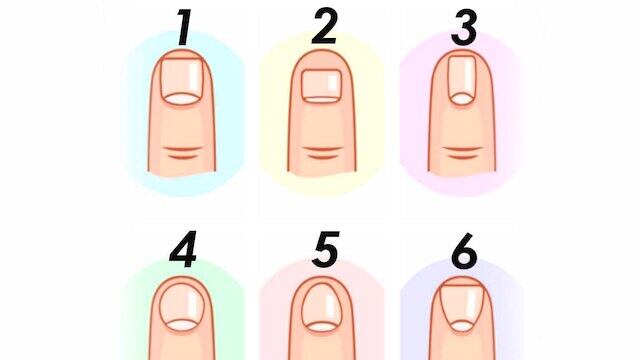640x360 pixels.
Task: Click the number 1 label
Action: (184, 28)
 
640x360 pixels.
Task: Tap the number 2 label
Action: (324, 26)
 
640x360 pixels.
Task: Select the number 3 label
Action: (464, 27)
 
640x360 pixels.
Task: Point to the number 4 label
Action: (183, 249)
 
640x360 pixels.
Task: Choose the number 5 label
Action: (325, 249)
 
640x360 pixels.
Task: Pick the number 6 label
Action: (464, 250)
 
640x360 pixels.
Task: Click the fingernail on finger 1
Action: (181, 81)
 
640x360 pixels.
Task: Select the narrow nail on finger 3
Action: (462, 81)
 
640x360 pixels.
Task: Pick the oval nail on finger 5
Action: (322, 307)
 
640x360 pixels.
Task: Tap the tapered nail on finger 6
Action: (462, 308)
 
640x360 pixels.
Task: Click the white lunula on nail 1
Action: (181, 98)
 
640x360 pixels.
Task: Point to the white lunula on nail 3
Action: (462, 99)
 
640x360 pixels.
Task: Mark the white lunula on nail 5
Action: (322, 327)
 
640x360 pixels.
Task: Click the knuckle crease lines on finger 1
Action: (182, 152)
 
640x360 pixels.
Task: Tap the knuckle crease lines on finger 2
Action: (323, 152)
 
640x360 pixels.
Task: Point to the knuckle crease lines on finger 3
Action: (462, 152)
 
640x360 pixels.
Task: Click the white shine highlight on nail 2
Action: (333, 82)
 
